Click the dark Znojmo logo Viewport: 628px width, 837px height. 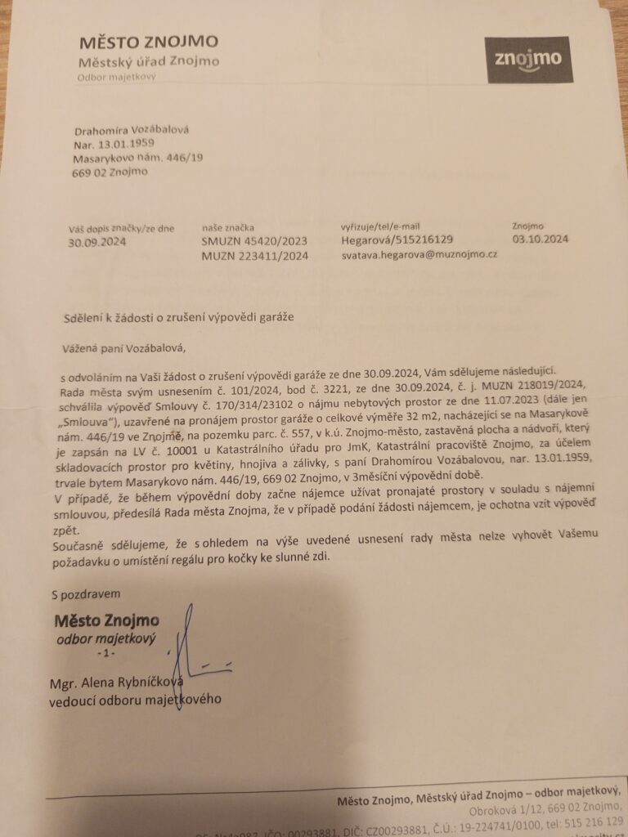527,60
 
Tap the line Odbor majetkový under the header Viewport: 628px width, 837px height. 116,78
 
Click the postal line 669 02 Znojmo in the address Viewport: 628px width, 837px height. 110,172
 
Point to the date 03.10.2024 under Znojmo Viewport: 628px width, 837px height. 540,239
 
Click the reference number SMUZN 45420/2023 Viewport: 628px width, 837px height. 254,241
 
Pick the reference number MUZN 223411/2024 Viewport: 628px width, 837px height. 254,256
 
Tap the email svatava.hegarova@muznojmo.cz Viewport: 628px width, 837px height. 419,255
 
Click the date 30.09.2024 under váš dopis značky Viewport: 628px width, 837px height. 96,241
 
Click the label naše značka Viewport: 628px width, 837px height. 228,226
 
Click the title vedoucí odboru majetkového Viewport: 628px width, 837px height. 135,700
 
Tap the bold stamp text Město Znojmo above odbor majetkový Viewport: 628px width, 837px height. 106,620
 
